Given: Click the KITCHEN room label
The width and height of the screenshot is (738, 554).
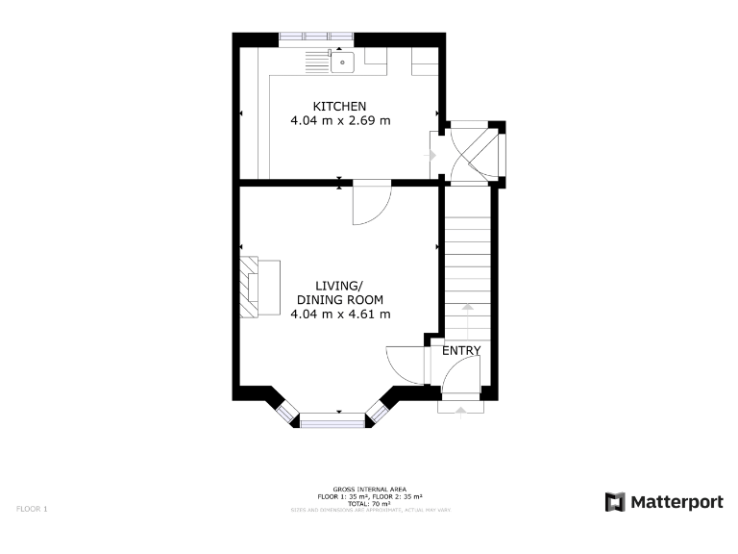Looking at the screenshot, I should click(x=339, y=106).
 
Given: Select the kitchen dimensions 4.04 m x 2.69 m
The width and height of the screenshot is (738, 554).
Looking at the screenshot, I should click(x=340, y=121).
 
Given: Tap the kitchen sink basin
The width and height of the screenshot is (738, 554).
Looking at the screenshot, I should click(x=342, y=63).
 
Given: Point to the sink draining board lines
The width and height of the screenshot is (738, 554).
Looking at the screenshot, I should click(x=316, y=63).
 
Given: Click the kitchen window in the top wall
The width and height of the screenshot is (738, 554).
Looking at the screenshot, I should click(x=316, y=38).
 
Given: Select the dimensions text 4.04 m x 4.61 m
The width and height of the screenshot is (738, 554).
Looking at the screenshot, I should click(x=340, y=314).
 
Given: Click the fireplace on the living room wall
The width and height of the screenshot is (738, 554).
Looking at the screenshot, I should click(x=251, y=287).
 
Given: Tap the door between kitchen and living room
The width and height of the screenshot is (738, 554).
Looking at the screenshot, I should click(x=371, y=202).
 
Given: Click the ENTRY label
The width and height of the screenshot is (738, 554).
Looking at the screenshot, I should click(x=460, y=351).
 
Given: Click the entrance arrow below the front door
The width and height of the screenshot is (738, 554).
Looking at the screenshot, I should click(x=460, y=410).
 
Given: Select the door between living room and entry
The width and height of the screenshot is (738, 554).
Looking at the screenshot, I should click(x=406, y=365).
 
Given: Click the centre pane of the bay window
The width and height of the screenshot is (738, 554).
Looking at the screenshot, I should click(x=333, y=419).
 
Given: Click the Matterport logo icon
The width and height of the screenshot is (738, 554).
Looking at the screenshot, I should click(x=615, y=502).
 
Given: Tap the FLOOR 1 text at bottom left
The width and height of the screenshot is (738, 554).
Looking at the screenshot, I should click(x=32, y=507).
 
